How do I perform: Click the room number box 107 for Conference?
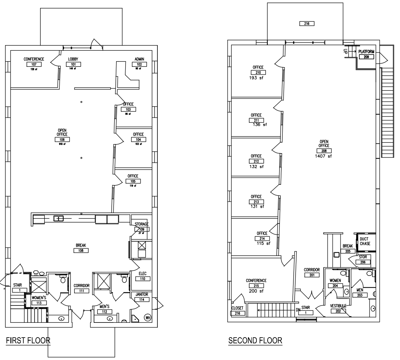pyautogui.click(x=34, y=64)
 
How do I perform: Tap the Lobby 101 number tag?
pyautogui.click(x=73, y=64)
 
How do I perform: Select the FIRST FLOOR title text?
pyautogui.click(x=28, y=340)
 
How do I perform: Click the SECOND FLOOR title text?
pyautogui.click(x=255, y=340)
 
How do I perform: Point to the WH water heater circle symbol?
pyautogui.click(x=148, y=317)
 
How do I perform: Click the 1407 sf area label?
pyautogui.click(x=323, y=156)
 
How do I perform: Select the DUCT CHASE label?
pyautogui.click(x=365, y=241)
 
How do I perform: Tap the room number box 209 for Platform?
pyautogui.click(x=366, y=57)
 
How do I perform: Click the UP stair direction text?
pyautogui.click(x=345, y=51)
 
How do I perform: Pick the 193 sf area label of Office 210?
pyautogui.click(x=256, y=78)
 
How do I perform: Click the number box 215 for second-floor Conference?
pyautogui.click(x=256, y=286)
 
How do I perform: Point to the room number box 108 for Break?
pyautogui.click(x=81, y=251)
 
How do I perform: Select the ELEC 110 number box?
pyautogui.click(x=143, y=279)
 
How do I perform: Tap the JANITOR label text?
pyautogui.click(x=142, y=294)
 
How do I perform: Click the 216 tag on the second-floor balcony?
pyautogui.click(x=307, y=24)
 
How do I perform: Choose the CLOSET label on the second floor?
pyautogui.click(x=237, y=308)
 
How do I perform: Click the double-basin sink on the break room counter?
pyautogui.click(x=58, y=218)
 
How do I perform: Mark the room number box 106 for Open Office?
pyautogui.click(x=62, y=140)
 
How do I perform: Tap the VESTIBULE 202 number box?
pyautogui.click(x=338, y=311)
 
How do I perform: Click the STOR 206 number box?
pyautogui.click(x=363, y=262)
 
